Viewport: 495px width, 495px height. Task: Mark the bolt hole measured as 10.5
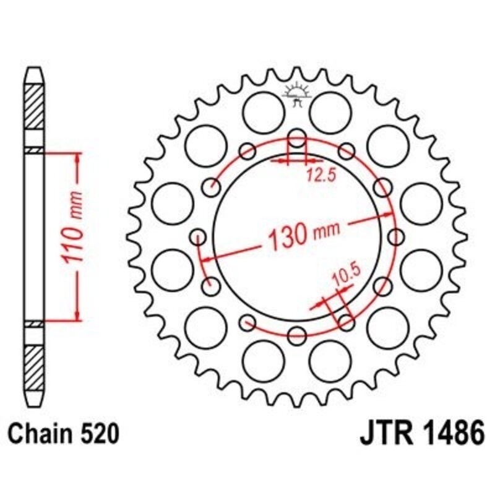[x=346, y=322]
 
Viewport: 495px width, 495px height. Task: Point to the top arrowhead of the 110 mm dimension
[x=77, y=160]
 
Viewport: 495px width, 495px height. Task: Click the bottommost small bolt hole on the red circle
[x=298, y=336]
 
